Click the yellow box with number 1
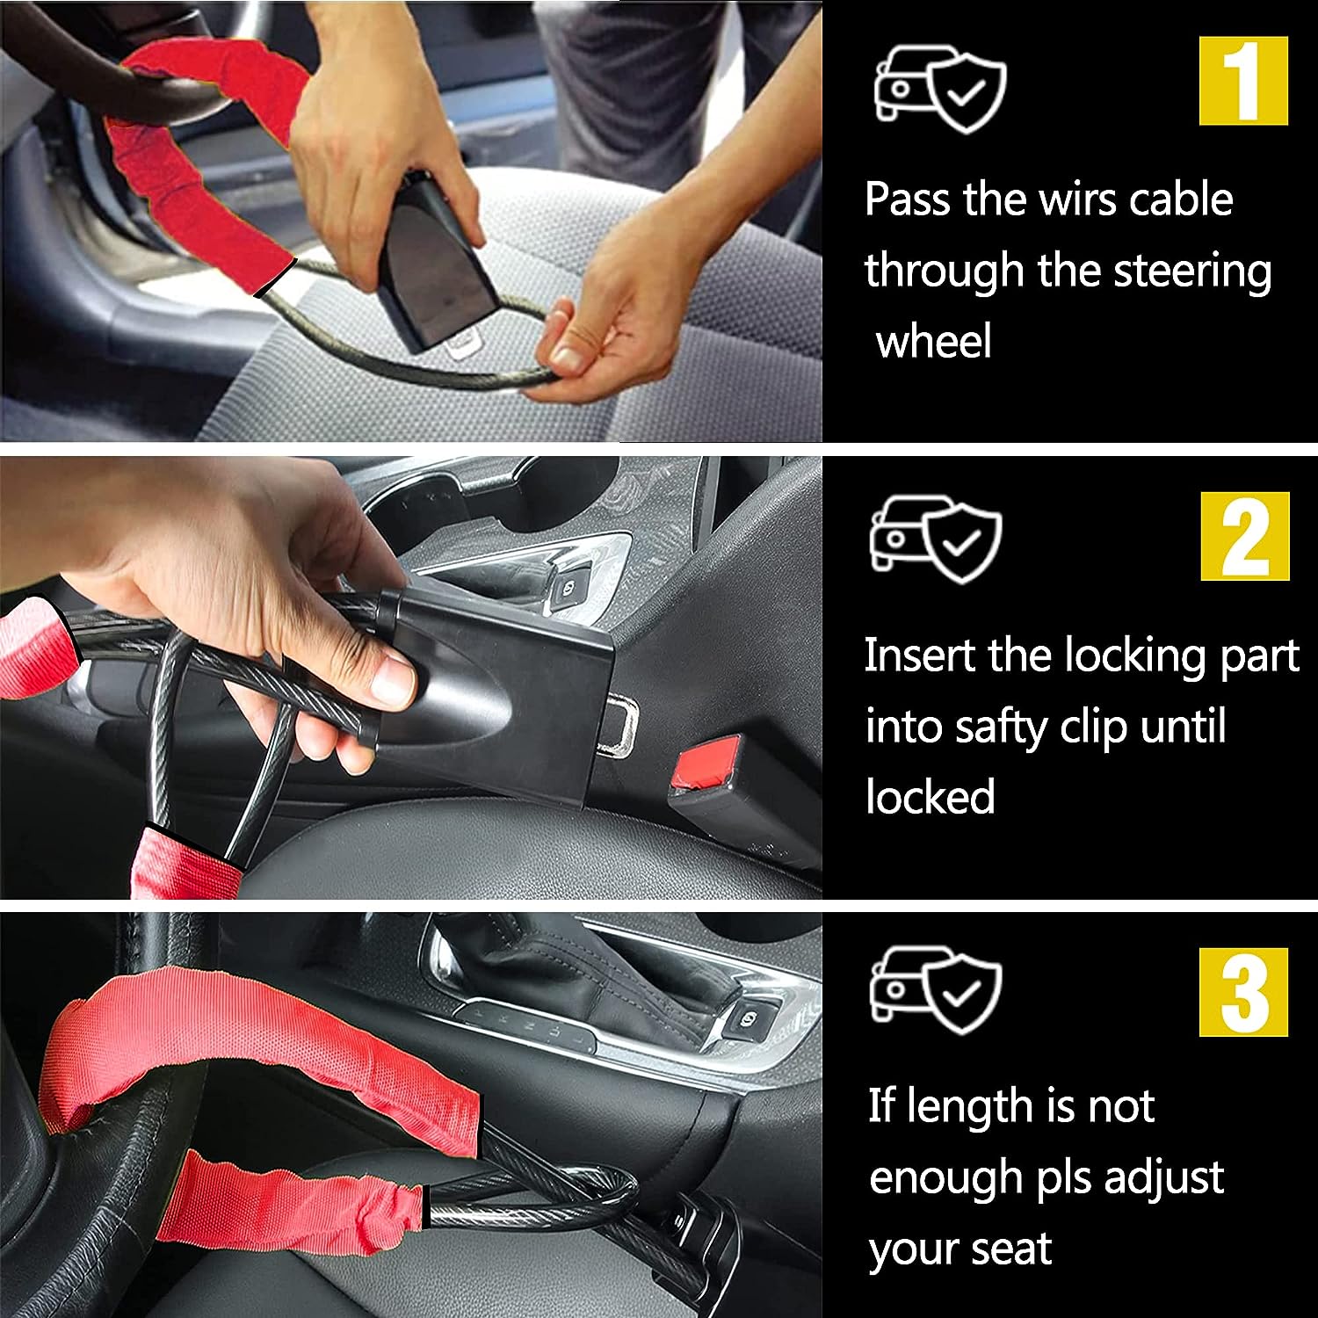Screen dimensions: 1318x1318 [1243, 81]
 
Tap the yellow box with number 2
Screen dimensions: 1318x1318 [1245, 536]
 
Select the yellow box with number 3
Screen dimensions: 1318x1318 [1244, 992]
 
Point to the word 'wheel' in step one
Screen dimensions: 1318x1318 [934, 340]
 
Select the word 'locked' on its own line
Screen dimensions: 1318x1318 [930, 796]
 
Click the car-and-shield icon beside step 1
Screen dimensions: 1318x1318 [939, 87]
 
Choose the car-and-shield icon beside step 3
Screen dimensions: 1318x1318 [936, 989]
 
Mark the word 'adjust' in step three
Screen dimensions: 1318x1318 [1163, 1178]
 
